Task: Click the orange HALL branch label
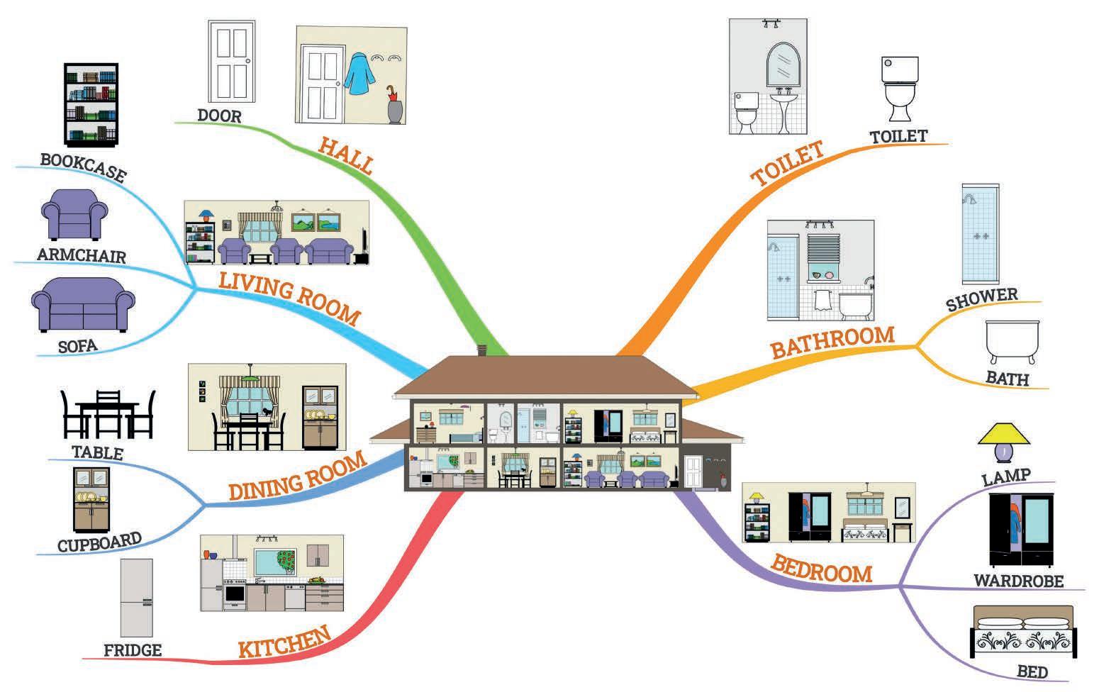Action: tap(345, 155)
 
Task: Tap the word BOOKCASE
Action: tap(83, 168)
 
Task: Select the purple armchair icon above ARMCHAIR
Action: tap(74, 213)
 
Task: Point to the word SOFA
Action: tap(78, 347)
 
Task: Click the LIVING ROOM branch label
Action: tap(289, 297)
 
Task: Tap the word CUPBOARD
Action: tap(99, 542)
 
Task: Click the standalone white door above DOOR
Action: tap(230, 62)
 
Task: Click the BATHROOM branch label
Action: tap(832, 341)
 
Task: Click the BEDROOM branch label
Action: tap(821, 569)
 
